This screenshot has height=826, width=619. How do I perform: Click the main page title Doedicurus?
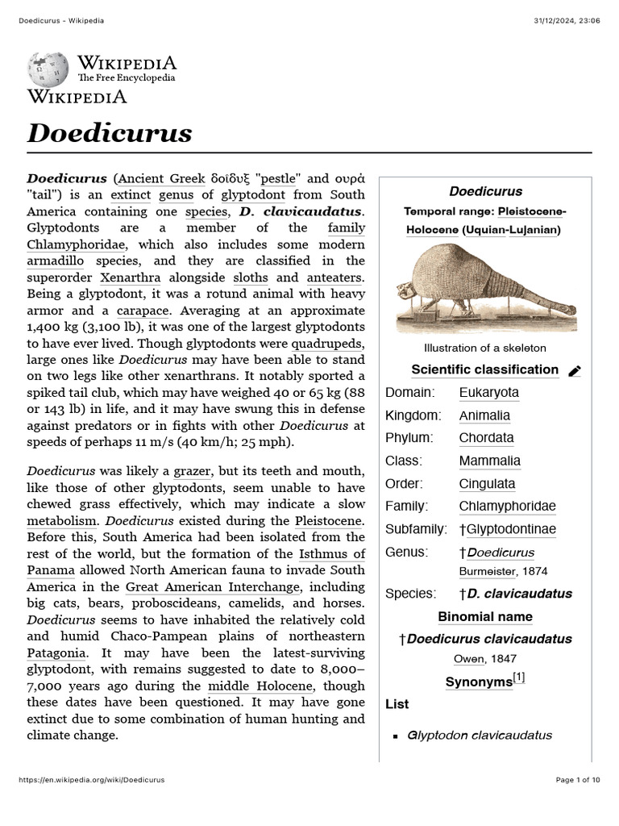110,132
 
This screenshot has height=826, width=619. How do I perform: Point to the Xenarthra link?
127,277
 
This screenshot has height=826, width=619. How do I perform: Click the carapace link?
142,310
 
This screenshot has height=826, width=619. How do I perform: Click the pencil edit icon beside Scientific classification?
575,371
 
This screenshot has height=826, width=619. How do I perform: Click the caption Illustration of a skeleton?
485,348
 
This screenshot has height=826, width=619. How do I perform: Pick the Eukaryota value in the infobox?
488,393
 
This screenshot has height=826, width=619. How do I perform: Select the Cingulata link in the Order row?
487,484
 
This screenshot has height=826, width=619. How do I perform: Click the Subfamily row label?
416,529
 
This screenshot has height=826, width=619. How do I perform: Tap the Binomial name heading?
485,617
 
